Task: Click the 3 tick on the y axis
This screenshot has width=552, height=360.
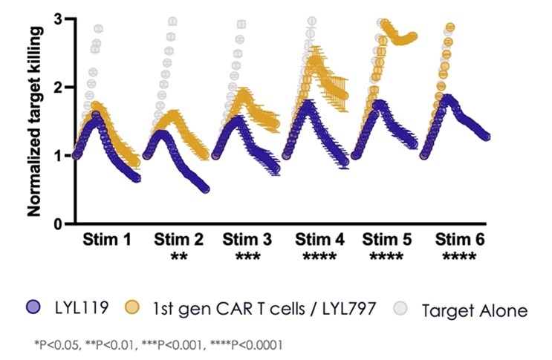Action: click(58, 19)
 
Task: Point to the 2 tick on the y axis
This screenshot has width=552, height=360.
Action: click(58, 87)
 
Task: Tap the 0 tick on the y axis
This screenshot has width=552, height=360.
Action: click(58, 223)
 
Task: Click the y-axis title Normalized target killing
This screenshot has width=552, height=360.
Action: click(34, 119)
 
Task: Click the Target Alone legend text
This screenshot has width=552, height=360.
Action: click(474, 310)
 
